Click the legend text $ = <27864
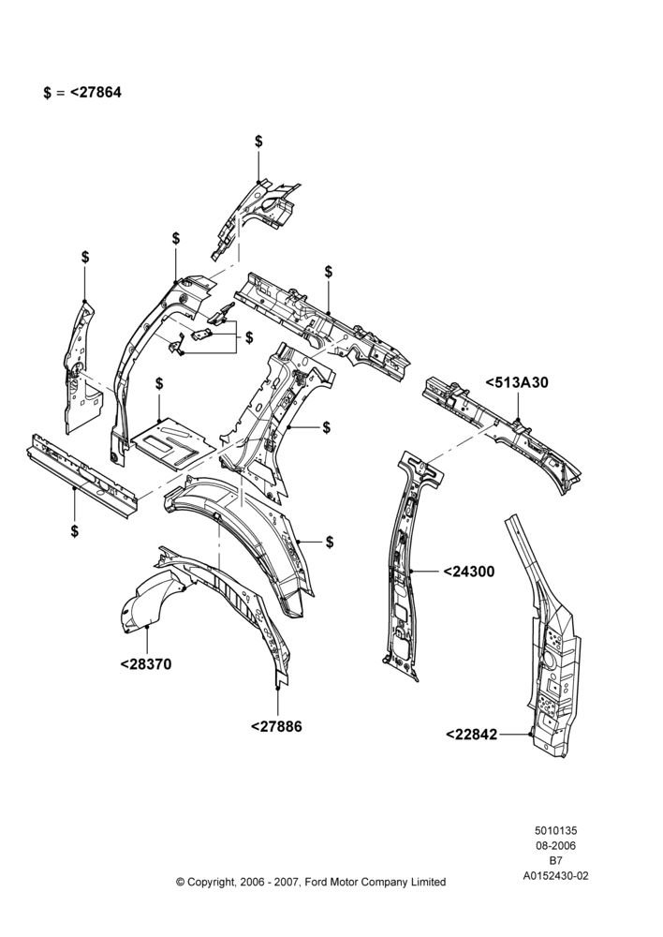point(82,93)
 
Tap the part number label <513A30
point(517,382)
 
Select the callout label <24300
point(469,572)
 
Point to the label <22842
point(472,734)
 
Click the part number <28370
point(146,664)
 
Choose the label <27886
point(276,727)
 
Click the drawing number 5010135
point(555,830)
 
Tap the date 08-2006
point(555,845)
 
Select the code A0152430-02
point(555,876)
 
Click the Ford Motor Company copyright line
point(311,882)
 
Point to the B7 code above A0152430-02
point(555,861)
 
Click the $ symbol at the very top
point(258,141)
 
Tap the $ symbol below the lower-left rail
point(75,530)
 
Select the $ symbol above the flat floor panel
point(159,383)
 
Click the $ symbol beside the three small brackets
point(248,337)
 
